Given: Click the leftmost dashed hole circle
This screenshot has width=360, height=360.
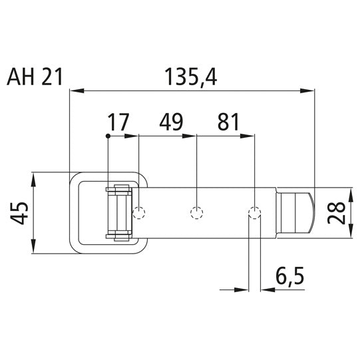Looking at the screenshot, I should [138, 213].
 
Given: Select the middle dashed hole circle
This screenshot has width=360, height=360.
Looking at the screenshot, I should [196, 213].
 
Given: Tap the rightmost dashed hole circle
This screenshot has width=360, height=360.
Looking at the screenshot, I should [254, 213].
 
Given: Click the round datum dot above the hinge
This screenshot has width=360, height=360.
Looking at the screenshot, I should [108, 136].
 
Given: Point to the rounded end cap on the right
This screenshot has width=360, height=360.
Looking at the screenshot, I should [300, 213].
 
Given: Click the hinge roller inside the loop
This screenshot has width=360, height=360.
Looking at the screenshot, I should [118, 213].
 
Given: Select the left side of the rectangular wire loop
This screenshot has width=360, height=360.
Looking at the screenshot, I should [73, 213].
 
